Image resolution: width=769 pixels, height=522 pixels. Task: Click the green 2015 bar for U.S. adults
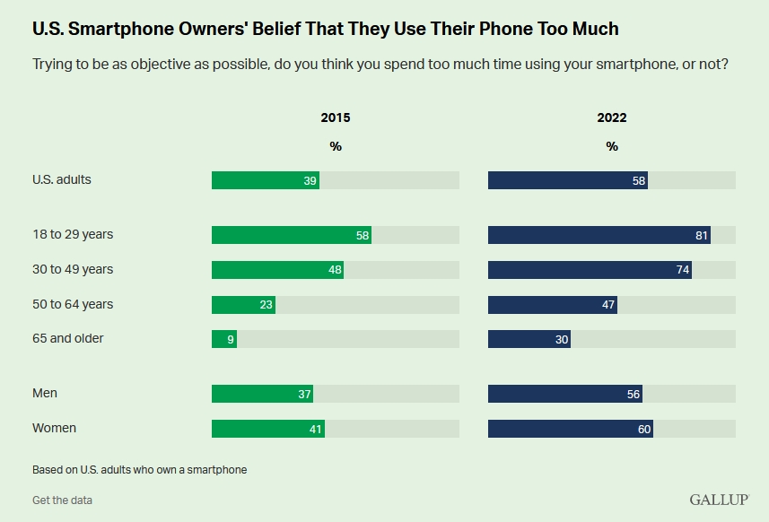tap(265, 180)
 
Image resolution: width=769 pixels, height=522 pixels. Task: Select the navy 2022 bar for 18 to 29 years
tap(599, 235)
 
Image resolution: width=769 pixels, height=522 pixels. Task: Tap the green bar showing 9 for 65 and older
tap(223, 339)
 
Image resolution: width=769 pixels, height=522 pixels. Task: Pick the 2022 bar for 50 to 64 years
tap(552, 305)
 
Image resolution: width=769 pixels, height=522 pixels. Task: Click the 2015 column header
tap(336, 117)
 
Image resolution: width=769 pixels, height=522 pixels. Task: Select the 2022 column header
tap(612, 117)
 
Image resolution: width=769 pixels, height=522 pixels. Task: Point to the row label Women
tap(54, 428)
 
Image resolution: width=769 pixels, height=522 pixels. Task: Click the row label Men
tap(45, 393)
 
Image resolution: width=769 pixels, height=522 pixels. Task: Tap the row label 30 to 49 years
tap(73, 269)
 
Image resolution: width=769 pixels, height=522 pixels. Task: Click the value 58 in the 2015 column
tap(363, 235)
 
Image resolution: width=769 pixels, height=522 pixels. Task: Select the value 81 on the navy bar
tap(701, 235)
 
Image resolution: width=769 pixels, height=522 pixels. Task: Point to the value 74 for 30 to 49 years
tap(683, 270)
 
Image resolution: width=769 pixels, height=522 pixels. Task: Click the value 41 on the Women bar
tap(316, 429)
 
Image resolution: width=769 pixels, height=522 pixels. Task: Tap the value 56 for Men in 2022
tap(634, 394)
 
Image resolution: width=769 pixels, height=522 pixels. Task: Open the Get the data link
tap(62, 500)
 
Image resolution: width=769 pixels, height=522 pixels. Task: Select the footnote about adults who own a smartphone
tap(139, 469)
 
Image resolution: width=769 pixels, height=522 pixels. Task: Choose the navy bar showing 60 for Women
tap(570, 429)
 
